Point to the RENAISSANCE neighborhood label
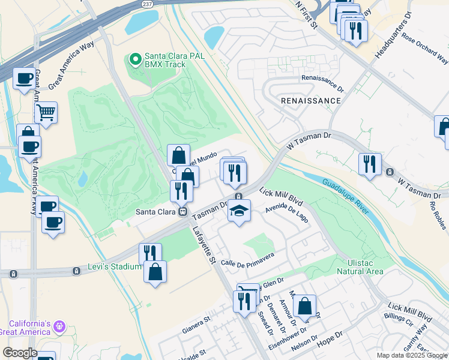(311, 101)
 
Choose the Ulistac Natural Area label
(365, 267)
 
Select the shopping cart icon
(46, 111)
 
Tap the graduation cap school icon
(239, 211)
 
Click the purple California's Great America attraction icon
(59, 326)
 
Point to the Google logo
(20, 352)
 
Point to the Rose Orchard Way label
(425, 47)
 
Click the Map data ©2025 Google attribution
(412, 355)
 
